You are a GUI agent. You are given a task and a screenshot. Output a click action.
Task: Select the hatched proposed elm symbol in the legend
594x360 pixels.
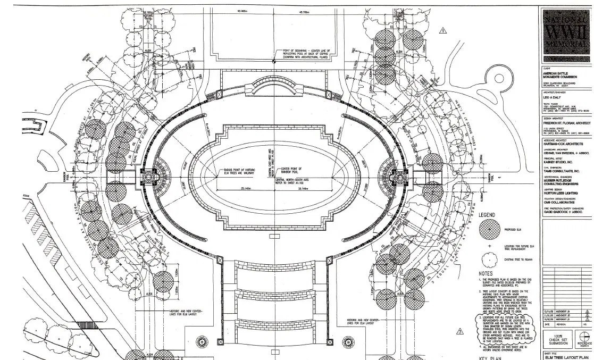[x=489, y=230]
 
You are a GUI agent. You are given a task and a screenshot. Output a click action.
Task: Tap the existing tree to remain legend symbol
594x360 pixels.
[x=489, y=259]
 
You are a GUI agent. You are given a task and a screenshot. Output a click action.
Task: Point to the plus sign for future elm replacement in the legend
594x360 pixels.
[x=489, y=246]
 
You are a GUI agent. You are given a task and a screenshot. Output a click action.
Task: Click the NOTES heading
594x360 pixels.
[x=486, y=273]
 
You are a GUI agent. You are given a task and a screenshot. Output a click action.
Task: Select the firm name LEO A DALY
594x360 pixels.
[x=553, y=98]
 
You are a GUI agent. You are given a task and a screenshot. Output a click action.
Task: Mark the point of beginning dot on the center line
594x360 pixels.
[x=273, y=62]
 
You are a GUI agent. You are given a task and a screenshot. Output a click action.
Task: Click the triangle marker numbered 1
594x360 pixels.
[x=443, y=31]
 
